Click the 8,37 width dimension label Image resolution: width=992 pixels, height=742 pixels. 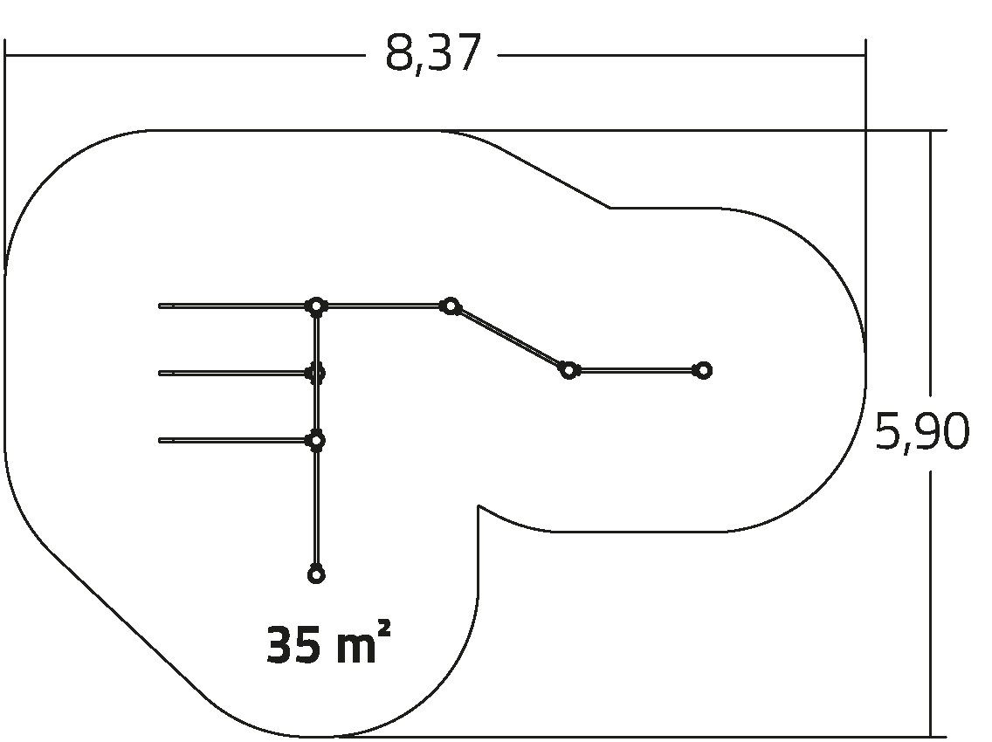433,54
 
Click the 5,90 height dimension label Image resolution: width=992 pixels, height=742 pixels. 922,432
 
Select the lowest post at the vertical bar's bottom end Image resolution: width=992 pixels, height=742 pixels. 316,575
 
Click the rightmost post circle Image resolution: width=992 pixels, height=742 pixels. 703,370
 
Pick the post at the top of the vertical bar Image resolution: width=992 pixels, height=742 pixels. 316,306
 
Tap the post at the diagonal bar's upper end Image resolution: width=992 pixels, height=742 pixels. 450,306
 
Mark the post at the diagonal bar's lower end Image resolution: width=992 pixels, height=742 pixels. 568,370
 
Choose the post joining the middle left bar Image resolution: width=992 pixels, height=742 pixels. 316,374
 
